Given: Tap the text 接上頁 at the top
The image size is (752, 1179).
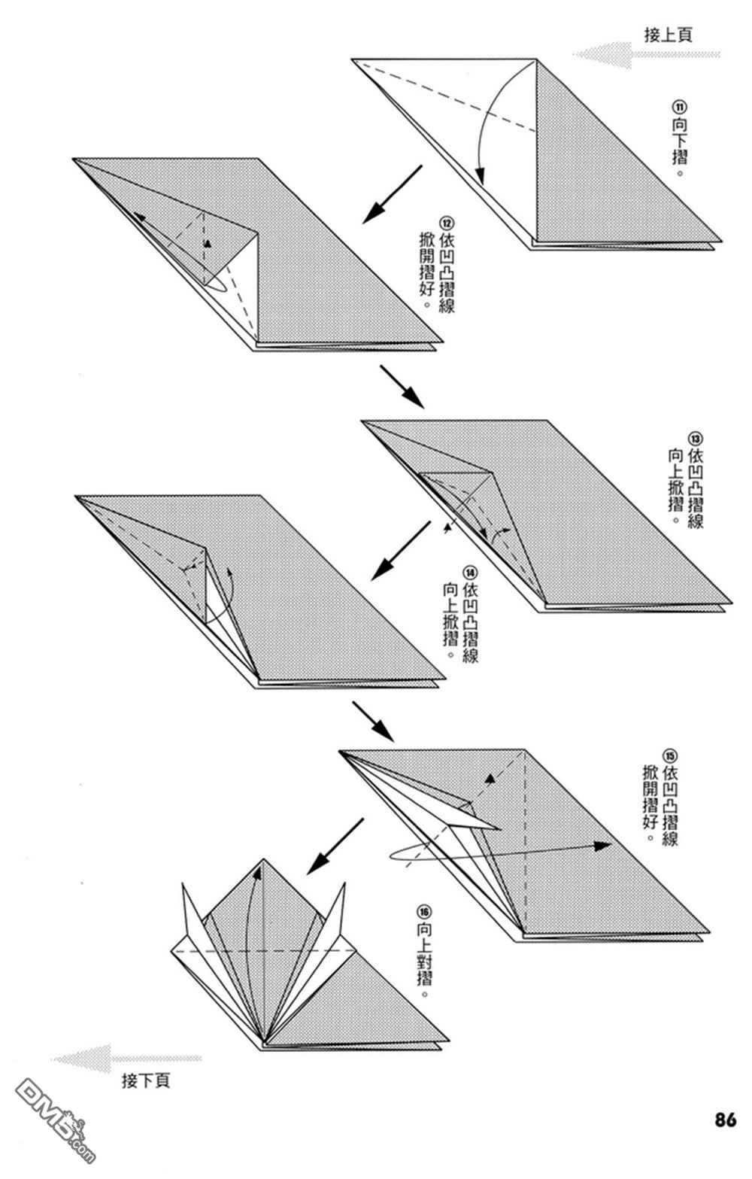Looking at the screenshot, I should (x=668, y=34).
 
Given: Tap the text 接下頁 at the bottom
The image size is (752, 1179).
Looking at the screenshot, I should (x=146, y=1081).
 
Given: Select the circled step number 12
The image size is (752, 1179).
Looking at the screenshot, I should (x=446, y=223).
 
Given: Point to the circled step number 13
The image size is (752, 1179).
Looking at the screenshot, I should (x=695, y=439).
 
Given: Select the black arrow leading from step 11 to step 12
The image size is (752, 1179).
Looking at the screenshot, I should (x=392, y=195).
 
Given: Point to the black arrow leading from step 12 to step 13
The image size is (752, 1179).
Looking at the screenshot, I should (x=402, y=387).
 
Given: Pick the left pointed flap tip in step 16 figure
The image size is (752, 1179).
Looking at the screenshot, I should (x=183, y=886).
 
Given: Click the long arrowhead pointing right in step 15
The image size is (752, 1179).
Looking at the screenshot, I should (x=602, y=845).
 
